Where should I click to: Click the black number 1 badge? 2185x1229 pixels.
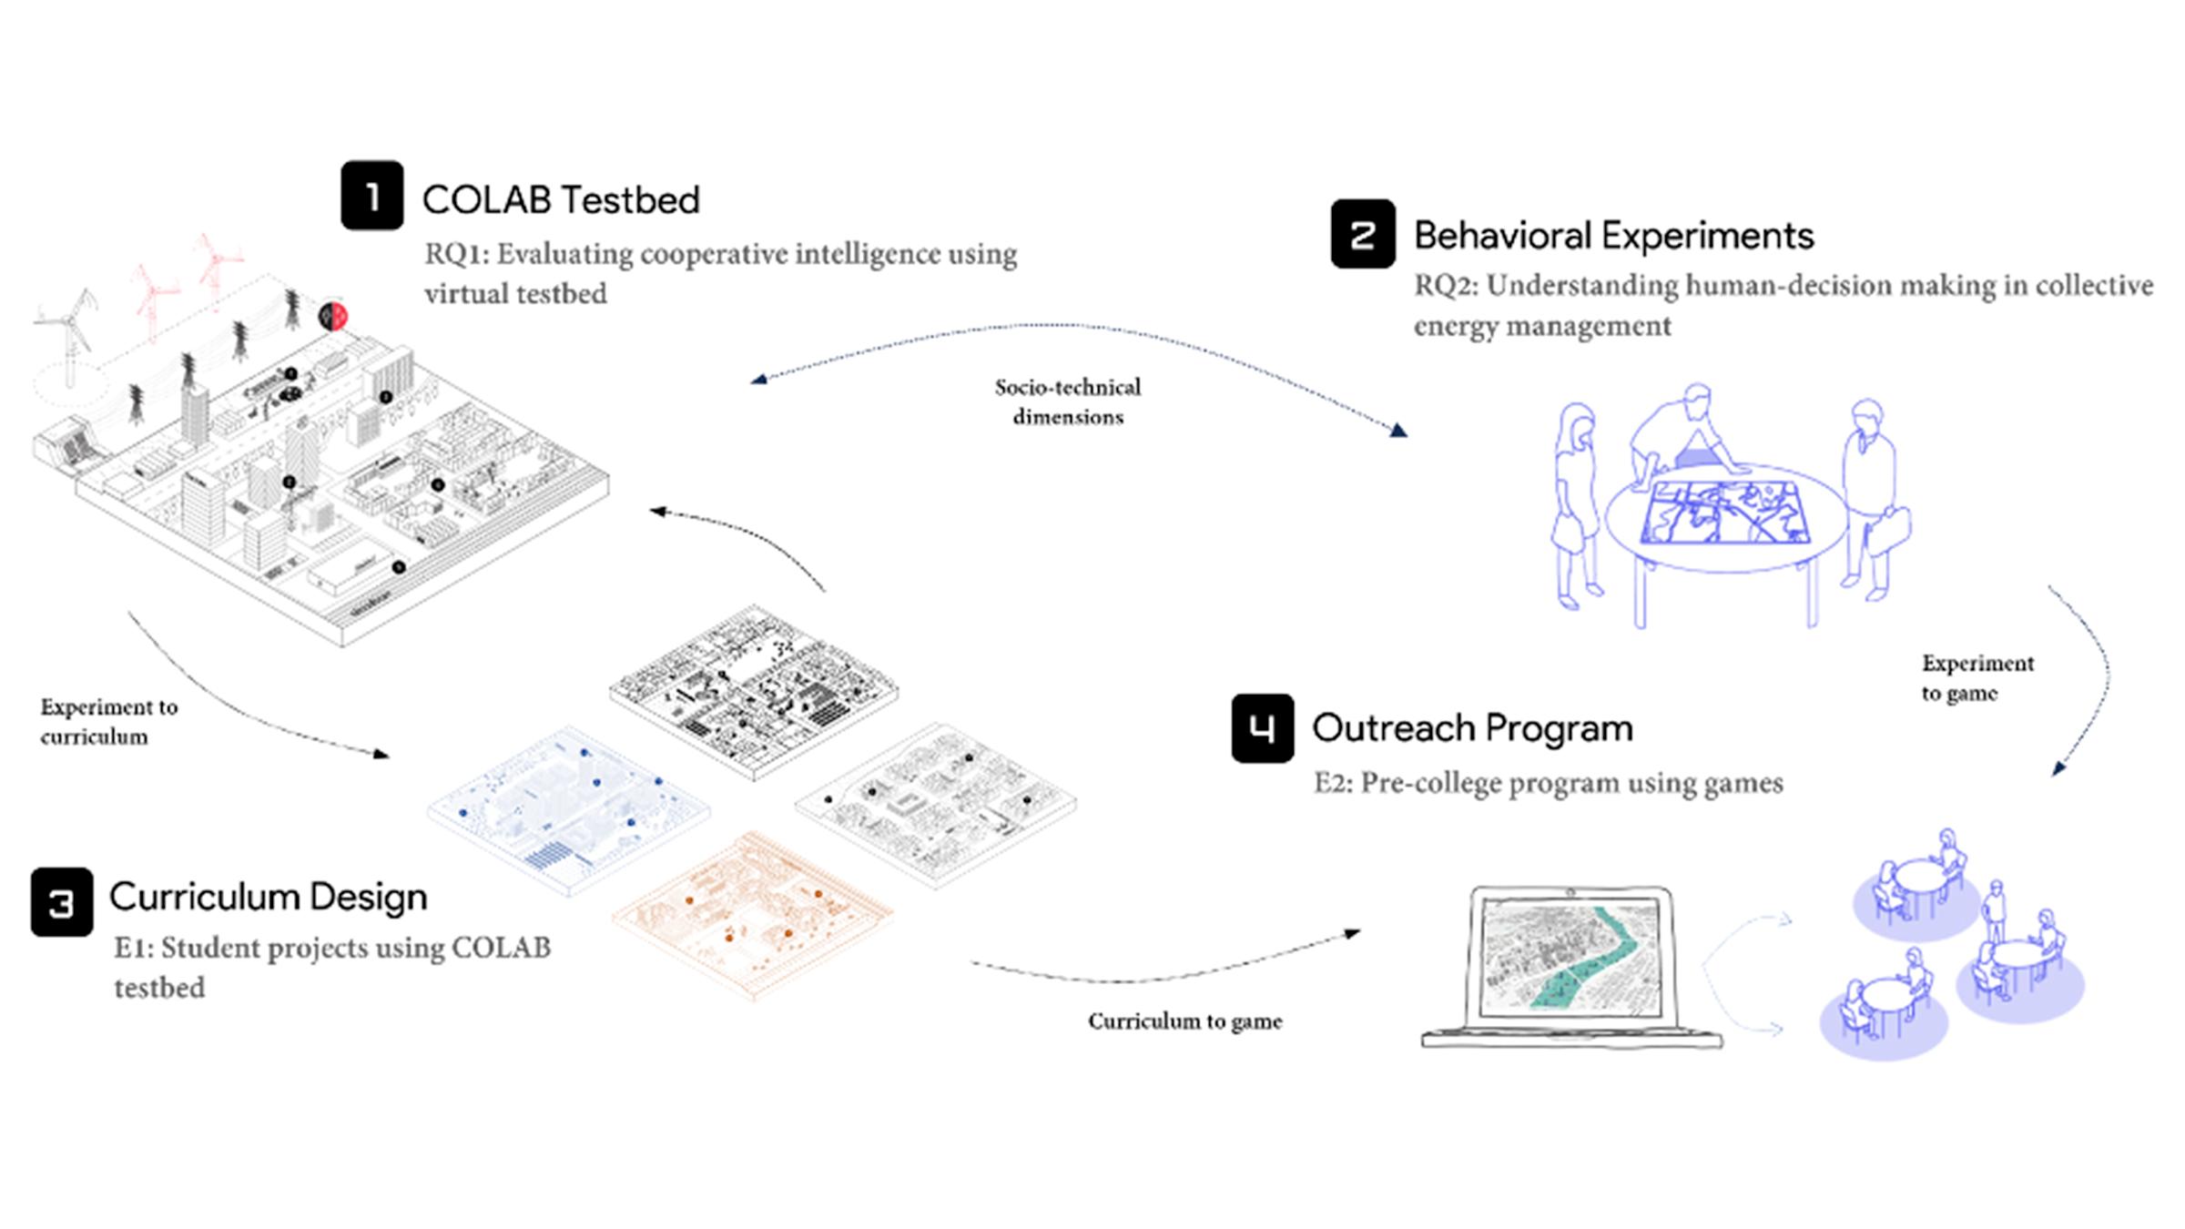click(371, 196)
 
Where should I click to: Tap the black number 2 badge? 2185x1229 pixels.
click(1362, 234)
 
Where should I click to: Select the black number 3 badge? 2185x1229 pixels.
click(61, 902)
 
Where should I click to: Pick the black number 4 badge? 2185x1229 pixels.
click(1262, 728)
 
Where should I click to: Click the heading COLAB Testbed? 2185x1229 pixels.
click(561, 200)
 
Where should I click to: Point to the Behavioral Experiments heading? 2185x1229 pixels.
click(1613, 236)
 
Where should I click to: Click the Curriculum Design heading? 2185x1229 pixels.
click(268, 897)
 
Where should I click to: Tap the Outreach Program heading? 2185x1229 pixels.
click(1472, 728)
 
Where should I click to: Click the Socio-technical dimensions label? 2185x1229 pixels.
click(1068, 401)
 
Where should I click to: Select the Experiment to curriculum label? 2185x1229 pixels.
click(108, 721)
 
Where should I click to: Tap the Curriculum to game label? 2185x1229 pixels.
click(1184, 1021)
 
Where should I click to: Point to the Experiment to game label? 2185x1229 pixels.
click(1977, 677)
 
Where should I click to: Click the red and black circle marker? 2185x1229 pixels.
click(333, 317)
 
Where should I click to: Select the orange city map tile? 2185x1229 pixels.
click(752, 915)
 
